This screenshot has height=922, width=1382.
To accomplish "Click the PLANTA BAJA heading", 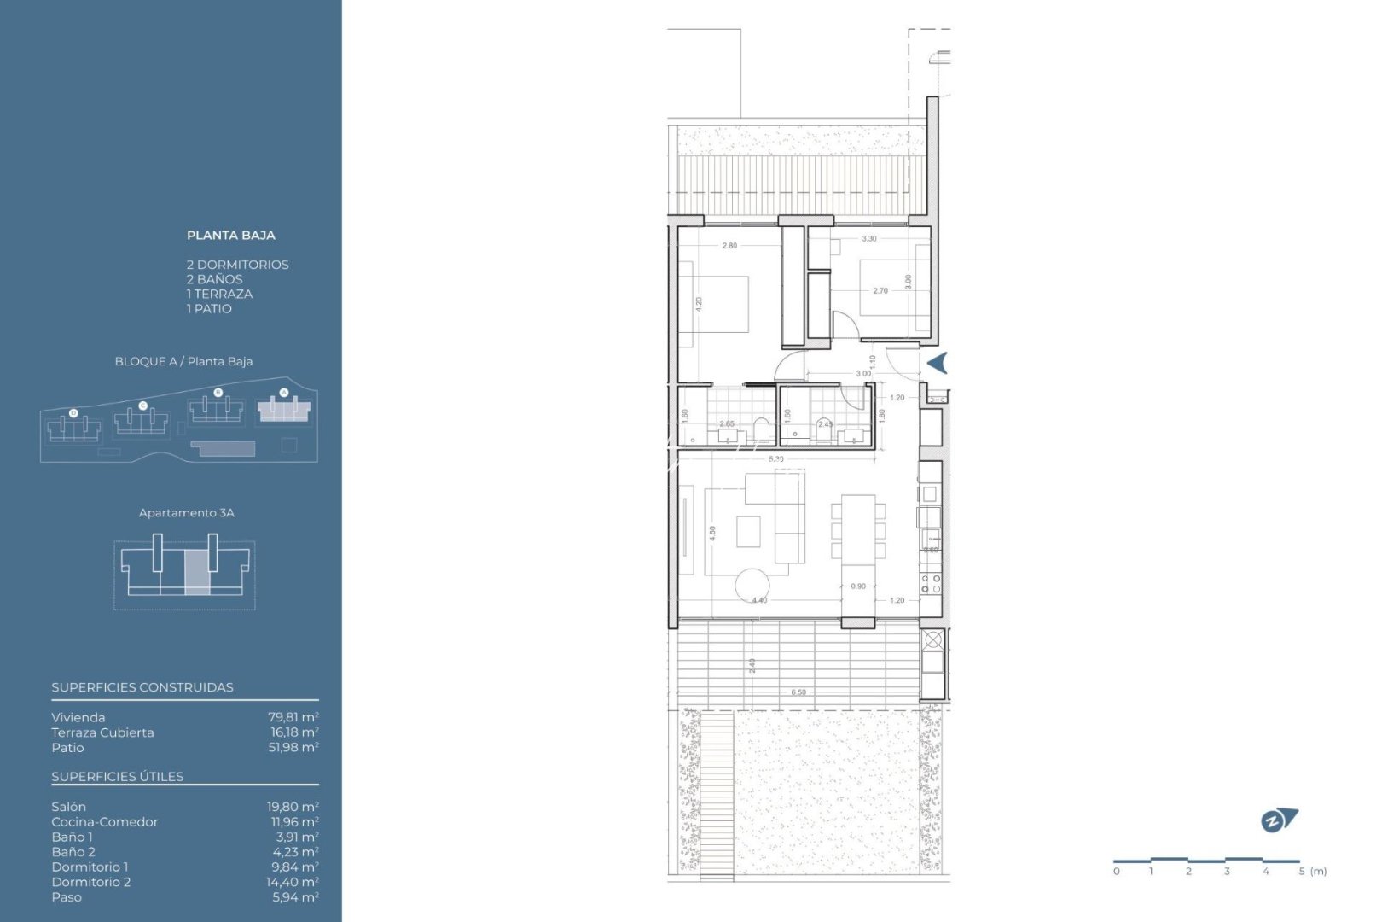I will (x=230, y=236).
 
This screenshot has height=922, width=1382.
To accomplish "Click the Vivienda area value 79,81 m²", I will (x=293, y=717).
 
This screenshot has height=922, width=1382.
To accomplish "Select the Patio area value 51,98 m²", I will (x=293, y=747).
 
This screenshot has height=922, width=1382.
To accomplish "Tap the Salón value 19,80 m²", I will (x=293, y=807).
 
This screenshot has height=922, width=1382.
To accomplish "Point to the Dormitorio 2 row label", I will (x=91, y=882).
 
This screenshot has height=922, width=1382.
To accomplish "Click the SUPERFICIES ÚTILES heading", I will (x=118, y=776).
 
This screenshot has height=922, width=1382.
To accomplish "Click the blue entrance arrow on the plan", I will (x=938, y=363).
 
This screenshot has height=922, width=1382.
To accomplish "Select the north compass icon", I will (x=1278, y=820).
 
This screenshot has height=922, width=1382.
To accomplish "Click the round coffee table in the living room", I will (x=752, y=585).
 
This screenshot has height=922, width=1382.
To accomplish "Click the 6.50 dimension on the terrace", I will (x=798, y=692).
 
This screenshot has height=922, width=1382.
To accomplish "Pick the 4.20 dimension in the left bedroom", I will (x=699, y=303).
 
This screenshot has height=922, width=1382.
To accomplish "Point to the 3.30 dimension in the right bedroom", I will (x=868, y=239).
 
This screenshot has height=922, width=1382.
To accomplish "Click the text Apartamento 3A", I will (x=186, y=513).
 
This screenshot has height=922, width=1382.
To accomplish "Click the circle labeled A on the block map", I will (x=284, y=393).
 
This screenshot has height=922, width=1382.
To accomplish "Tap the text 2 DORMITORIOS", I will (x=237, y=265).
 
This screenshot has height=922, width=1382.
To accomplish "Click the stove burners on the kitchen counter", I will (x=931, y=583).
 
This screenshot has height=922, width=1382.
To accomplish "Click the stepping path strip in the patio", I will (x=717, y=794).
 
